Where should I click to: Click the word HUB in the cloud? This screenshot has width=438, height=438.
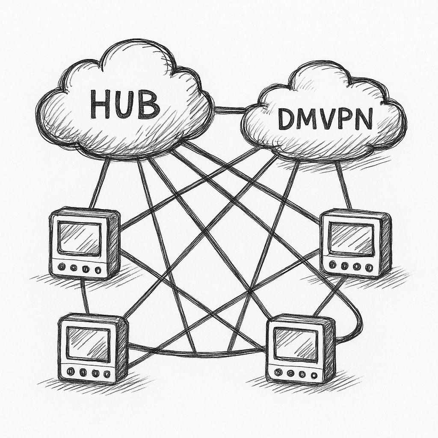coord(124,104)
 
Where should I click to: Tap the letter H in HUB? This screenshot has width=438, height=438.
coord(101,105)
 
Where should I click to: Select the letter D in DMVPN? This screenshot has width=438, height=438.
coord(287,120)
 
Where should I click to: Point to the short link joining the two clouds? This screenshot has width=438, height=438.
coord(229,110)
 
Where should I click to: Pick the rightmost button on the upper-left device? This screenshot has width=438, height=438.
coord(98,270)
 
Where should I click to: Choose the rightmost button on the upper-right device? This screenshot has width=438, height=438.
coord(369,267)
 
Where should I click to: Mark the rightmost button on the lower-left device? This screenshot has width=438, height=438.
coord(107,374)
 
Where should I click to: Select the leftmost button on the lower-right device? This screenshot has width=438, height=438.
coord(278,373)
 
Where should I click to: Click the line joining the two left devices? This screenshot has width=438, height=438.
coord(85,296)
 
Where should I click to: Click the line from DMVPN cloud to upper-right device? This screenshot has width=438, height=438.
coord(343,186)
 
